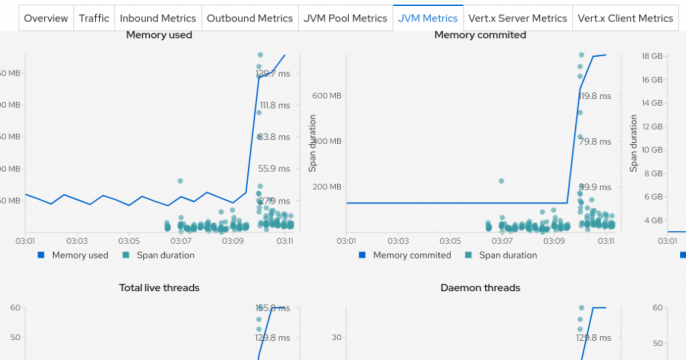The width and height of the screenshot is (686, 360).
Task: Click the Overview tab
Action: [45, 18]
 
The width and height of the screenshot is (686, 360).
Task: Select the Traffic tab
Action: [94, 18]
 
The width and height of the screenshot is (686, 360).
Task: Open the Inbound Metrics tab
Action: [157, 18]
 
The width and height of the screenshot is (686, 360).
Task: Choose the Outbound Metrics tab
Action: [249, 18]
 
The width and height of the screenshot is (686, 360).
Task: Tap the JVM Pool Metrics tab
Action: [345, 18]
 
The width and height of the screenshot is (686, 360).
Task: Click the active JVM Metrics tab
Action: [428, 18]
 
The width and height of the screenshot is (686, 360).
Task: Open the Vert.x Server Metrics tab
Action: [518, 18]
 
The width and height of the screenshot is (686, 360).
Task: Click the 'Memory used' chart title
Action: [159, 35]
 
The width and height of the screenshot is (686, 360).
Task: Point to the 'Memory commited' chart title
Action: [479, 35]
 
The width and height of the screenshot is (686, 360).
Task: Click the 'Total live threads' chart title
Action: [159, 288]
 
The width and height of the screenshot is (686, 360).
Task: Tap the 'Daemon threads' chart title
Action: [479, 288]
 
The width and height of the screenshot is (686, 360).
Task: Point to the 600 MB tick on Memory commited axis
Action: [326, 95]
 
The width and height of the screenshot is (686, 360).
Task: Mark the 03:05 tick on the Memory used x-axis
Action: [128, 241]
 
